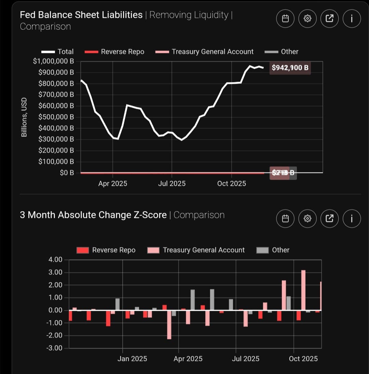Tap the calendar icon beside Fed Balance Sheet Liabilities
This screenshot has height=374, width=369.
point(286,18)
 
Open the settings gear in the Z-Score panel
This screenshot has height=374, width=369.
point(307,218)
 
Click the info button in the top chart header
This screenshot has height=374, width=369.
point(351,18)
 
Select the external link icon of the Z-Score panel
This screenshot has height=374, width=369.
point(329,218)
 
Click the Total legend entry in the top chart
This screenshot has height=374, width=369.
point(57,52)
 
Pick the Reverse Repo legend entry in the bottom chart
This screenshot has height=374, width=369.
point(106,250)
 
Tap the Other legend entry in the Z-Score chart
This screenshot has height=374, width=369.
point(273,250)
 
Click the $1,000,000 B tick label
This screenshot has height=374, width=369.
point(54,61)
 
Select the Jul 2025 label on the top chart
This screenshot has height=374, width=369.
point(172,184)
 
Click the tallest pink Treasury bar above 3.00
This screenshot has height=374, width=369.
point(303,290)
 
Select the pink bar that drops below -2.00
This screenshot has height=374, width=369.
point(169,324)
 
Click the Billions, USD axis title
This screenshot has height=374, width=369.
point(24,117)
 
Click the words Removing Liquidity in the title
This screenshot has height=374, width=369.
point(189,15)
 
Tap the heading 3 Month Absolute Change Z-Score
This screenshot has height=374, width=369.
point(93,215)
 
